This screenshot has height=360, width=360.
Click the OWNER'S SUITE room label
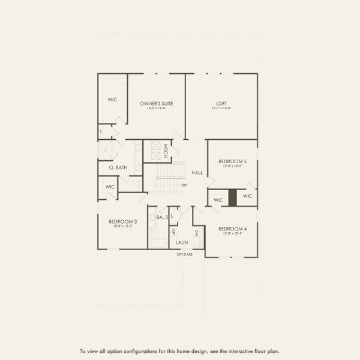[x=157, y=104]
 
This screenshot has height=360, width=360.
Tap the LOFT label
[x=221, y=103]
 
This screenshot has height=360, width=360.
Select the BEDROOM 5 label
[x=232, y=161]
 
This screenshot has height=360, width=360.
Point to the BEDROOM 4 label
[x=232, y=229]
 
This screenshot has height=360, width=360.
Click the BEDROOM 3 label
[x=123, y=221]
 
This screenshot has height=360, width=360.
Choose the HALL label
[x=197, y=173]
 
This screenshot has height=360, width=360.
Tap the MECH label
[x=164, y=151]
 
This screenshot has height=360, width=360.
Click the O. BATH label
[x=118, y=168]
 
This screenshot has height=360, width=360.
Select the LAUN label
[x=182, y=242]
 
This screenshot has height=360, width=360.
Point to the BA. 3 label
[x=161, y=217]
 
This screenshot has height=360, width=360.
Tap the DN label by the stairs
[x=184, y=185]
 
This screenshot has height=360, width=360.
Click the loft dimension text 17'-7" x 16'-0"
[x=221, y=109]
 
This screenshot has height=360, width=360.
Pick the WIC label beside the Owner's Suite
[x=112, y=100]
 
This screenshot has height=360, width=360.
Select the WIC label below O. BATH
[x=110, y=187]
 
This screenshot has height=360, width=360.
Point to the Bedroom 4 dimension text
[x=232, y=234]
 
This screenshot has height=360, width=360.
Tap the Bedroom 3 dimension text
[x=123, y=226]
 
